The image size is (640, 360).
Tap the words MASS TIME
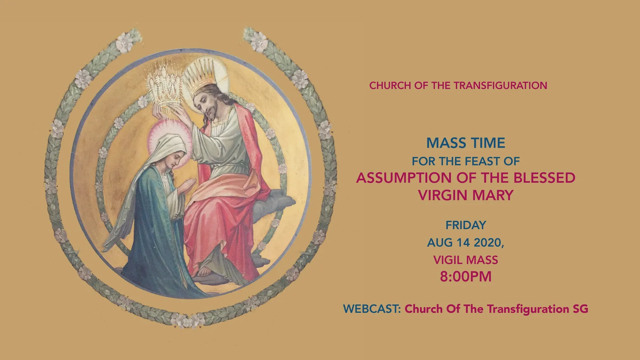(x=466, y=143)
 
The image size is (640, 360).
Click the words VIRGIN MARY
(x=466, y=195)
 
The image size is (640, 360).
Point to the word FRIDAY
(x=466, y=225)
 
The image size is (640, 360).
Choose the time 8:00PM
(x=466, y=276)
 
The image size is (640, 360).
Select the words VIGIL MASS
(x=466, y=260)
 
